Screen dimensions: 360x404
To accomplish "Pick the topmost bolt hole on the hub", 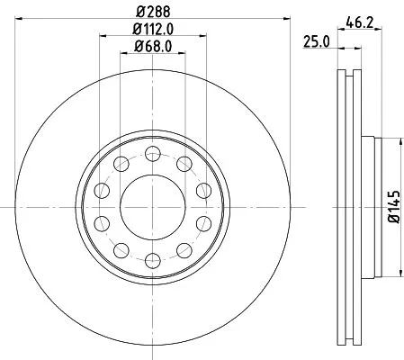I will click(151, 150).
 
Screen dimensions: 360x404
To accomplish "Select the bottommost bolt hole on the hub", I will click(151, 262).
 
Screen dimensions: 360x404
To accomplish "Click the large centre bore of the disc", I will click(151, 206).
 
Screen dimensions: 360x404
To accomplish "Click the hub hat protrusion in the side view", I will click(367, 206).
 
